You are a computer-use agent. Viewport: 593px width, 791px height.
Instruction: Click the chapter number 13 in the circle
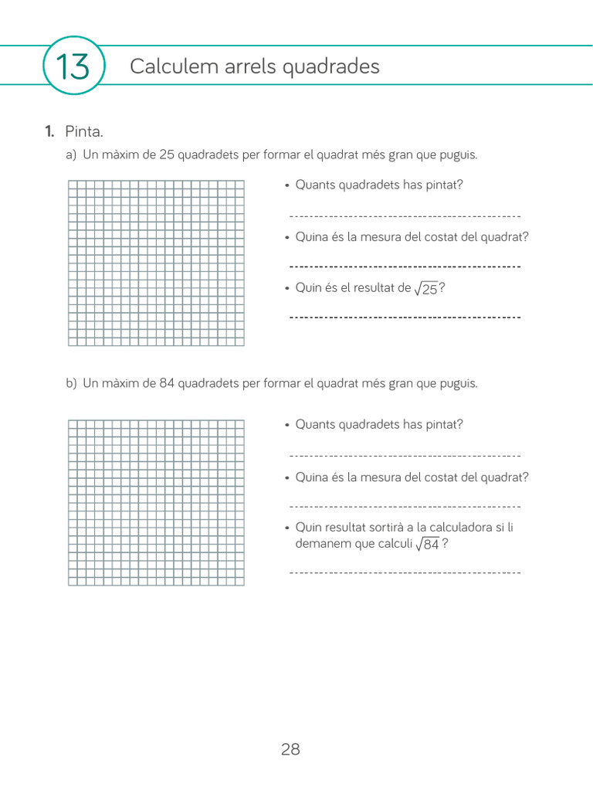coord(73,66)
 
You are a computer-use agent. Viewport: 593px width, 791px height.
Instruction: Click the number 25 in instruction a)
coord(167,154)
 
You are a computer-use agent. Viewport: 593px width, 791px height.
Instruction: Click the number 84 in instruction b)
coord(167,383)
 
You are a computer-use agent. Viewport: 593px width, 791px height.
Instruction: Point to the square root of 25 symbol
coord(425,288)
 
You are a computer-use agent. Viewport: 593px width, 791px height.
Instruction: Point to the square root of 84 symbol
coord(427,544)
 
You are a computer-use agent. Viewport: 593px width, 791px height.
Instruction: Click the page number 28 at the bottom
coord(290,749)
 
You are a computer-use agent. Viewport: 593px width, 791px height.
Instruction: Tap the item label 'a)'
coord(71,154)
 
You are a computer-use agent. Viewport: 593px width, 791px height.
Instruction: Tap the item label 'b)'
coord(71,383)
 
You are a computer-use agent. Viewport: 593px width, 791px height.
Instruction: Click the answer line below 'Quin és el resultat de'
coord(405,317)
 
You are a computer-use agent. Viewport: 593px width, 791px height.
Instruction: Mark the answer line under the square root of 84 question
coord(405,572)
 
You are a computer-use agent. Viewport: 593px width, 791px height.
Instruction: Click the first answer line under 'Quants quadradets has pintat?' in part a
coord(405,216)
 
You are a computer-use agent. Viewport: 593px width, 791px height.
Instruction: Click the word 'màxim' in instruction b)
coord(122,383)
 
